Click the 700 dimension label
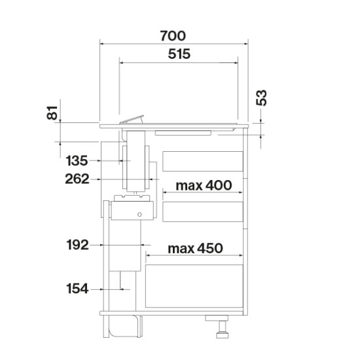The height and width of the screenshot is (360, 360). pyautogui.click(x=173, y=36)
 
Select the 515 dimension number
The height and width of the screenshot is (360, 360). pyautogui.click(x=179, y=54)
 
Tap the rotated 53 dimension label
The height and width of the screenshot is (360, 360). pyautogui.click(x=262, y=98)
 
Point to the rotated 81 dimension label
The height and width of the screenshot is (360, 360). pyautogui.click(x=52, y=113)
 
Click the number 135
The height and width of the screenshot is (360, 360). pyautogui.click(x=77, y=160)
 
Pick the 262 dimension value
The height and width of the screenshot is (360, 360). pyautogui.click(x=77, y=179)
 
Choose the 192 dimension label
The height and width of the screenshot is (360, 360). pyautogui.click(x=77, y=245)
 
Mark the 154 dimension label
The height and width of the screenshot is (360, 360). pyautogui.click(x=77, y=289)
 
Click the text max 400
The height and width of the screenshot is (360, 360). pyautogui.click(x=204, y=185)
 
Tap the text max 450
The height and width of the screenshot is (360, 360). pyautogui.click(x=195, y=248)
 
